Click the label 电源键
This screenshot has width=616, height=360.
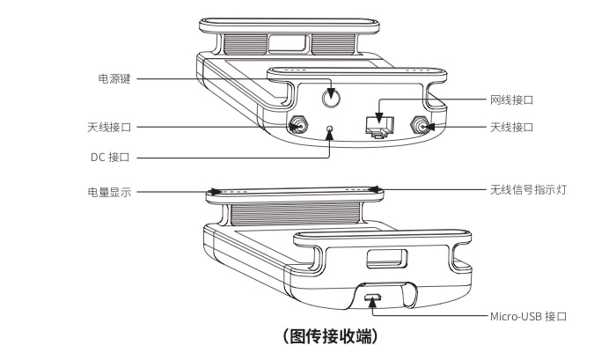coord(114,78)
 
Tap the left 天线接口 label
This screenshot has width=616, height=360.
coord(109,127)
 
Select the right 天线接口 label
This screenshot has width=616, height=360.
coord(511,127)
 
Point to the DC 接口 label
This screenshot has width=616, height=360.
coord(110,158)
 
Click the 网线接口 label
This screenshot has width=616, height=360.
coord(511,99)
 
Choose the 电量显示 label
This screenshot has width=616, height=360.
coord(109,192)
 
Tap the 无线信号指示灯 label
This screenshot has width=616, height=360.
coord(528,190)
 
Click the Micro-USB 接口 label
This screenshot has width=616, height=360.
coord(528,316)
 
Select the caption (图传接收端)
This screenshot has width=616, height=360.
coord(331,336)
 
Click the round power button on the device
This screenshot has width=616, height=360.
coord(331,98)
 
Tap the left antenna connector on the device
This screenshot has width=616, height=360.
coord(297,126)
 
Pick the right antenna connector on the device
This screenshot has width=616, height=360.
coord(419,126)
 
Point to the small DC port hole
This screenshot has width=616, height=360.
coord(330,129)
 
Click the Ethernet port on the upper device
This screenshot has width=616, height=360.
coord(379,127)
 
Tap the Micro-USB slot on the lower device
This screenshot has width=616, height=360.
coord(372,298)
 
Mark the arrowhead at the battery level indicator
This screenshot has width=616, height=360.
coord(216,192)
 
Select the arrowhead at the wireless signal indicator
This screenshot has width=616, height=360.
coord(374,189)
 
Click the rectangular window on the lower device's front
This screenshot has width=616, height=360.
coord(386,258)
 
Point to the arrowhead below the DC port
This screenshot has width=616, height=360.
coord(330,136)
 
